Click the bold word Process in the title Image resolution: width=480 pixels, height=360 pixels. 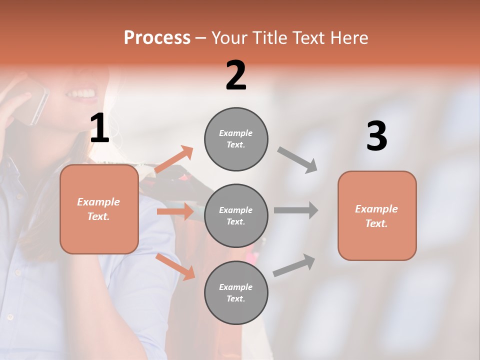pyautogui.click(x=157, y=37)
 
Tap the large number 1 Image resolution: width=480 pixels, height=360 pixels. pyautogui.click(x=99, y=128)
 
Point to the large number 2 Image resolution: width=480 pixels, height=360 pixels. pyautogui.click(x=236, y=75)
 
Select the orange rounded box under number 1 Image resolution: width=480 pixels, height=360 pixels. pyautogui.click(x=99, y=209)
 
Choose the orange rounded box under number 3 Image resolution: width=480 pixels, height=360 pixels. pyautogui.click(x=377, y=215)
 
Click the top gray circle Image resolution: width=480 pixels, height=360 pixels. pyautogui.click(x=236, y=139)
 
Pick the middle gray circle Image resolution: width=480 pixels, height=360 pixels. pyautogui.click(x=236, y=215)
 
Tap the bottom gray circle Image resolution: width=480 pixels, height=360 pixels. pyautogui.click(x=236, y=292)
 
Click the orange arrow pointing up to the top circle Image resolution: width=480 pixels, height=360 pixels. pyautogui.click(x=174, y=159)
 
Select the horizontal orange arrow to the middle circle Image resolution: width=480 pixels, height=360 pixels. pyautogui.click(x=175, y=211)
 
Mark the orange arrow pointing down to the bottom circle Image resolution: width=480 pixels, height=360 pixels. pyautogui.click(x=175, y=266)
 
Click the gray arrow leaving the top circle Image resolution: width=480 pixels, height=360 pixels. pyautogui.click(x=298, y=159)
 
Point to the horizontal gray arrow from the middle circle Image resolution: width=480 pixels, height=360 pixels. pyautogui.click(x=296, y=210)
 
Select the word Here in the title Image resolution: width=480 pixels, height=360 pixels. pyautogui.click(x=349, y=37)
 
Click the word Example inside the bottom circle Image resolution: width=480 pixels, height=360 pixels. pyautogui.click(x=236, y=287)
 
